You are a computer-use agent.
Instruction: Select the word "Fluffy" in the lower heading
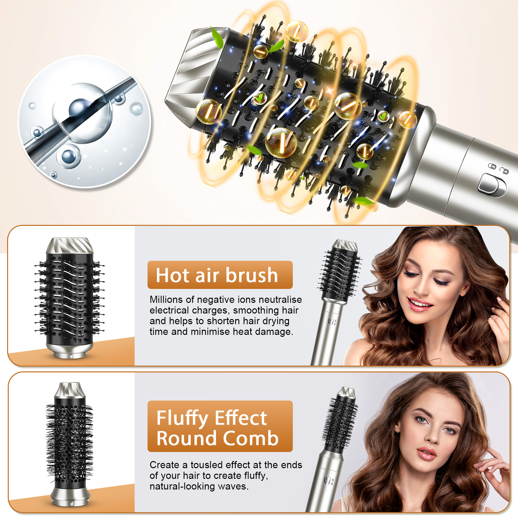point(182,418)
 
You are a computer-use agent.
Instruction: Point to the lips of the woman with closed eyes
point(419,304)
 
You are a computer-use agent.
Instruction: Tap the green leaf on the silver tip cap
point(217,38)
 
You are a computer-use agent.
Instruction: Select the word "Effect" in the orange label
point(241,418)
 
